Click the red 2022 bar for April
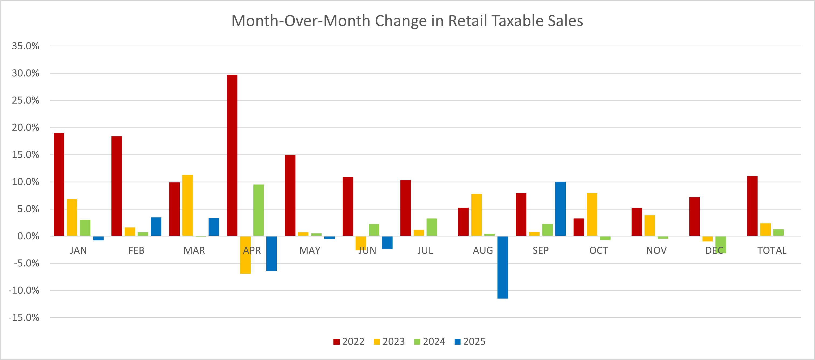pyautogui.click(x=232, y=155)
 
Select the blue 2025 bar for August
pyautogui.click(x=502, y=267)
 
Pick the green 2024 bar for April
pyautogui.click(x=258, y=210)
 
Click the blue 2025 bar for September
pyautogui.click(x=560, y=209)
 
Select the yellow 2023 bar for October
pyautogui.click(x=592, y=214)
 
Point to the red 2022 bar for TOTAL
pyautogui.click(x=752, y=206)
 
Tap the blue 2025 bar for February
pyautogui.click(x=156, y=227)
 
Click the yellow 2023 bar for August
pyautogui.click(x=476, y=215)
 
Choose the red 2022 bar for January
pyautogui.click(x=59, y=184)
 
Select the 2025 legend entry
pyautogui.click(x=470, y=342)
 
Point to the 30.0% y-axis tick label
pyautogui.click(x=25, y=73)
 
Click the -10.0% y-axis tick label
pyautogui.click(x=24, y=290)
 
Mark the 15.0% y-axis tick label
pyautogui.click(x=25, y=155)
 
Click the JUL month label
pyautogui.click(x=425, y=251)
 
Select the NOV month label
pyautogui.click(x=656, y=251)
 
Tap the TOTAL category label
pyautogui.click(x=772, y=251)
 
